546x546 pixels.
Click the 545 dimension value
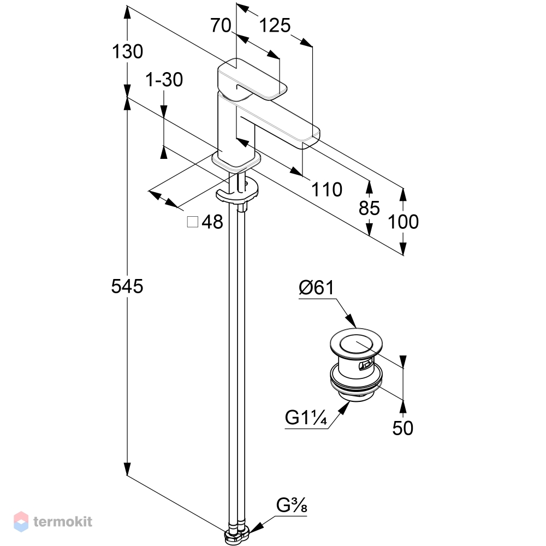[127, 287]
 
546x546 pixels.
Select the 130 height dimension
[127, 51]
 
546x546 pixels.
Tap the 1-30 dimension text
[164, 80]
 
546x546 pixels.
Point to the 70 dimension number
[221, 26]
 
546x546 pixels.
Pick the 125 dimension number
[275, 26]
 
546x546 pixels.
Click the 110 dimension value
[327, 190]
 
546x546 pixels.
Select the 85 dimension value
[369, 208]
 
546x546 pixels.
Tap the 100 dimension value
[403, 222]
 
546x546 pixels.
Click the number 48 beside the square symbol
[212, 222]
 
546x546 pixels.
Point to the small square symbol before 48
[193, 222]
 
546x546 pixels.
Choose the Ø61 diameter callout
[316, 288]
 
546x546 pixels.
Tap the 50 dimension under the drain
[403, 428]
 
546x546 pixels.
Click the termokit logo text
[63, 521]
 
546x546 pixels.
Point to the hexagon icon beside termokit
[21, 521]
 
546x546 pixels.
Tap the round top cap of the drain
[356, 343]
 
